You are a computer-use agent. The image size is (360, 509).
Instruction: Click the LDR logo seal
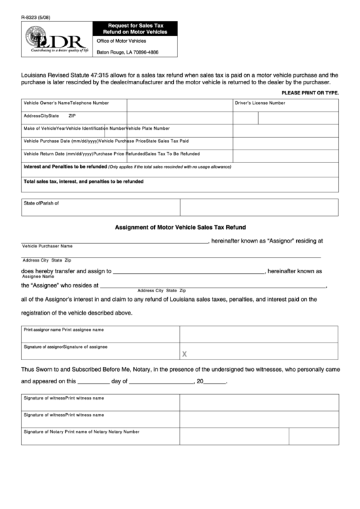pos(37,37)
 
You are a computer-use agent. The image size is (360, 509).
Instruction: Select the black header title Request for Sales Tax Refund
pos(134,29)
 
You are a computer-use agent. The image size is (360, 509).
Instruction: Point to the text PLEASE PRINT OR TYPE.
pos(310,92)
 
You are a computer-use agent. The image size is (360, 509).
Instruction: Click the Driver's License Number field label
pos(259,103)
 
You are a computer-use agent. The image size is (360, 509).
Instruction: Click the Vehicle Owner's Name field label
pos(47,103)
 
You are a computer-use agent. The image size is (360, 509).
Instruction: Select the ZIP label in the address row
pos(72,116)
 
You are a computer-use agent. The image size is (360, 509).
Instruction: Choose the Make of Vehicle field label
pos(39,128)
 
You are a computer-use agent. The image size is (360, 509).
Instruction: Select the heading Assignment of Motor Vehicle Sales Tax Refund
pos(180,227)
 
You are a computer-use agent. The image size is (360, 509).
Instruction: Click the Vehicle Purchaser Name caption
pos(47,246)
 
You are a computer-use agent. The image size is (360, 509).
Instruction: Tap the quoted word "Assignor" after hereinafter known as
pos(282,240)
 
